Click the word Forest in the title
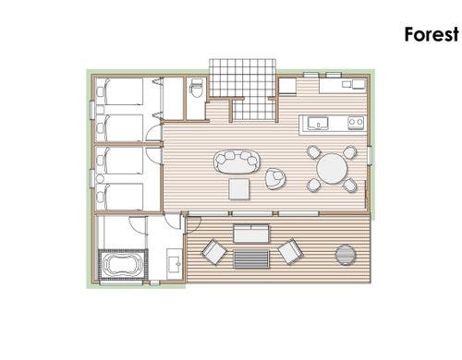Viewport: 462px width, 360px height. point(432,34)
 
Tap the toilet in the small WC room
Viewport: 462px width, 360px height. point(196,88)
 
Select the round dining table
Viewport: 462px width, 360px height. point(332,169)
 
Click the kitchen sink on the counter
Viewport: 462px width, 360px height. point(318,123)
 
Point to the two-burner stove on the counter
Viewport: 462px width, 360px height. point(356,123)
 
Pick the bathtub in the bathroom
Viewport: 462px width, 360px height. point(123,264)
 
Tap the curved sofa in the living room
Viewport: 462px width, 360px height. point(237,162)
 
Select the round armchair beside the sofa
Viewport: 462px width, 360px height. point(275,178)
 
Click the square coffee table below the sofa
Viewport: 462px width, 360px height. point(239,189)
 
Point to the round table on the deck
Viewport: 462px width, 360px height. point(346,255)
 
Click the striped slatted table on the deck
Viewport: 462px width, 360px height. point(251,259)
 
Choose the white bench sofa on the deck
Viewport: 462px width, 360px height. point(251,234)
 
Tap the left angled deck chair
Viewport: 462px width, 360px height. point(214,252)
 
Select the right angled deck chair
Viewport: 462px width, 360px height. point(290,251)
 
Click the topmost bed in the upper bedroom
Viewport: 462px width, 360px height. point(119,91)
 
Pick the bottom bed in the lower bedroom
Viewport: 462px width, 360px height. point(119,197)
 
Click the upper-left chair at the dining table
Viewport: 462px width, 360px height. point(314,152)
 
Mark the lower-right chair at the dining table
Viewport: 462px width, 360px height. point(350,186)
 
